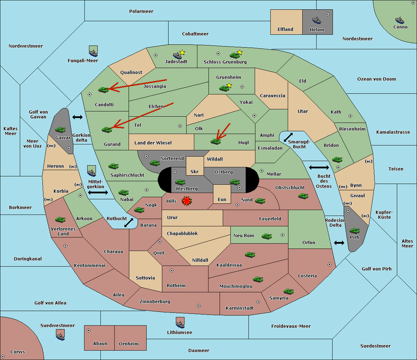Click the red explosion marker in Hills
pyautogui.click(x=187, y=201)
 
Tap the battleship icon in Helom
pyautogui.click(x=317, y=20)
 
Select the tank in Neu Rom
pyautogui.click(x=267, y=236)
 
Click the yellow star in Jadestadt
pyautogui.click(x=182, y=52)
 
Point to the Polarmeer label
pyautogui.click(x=141, y=11)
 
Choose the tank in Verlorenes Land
pyautogui.click(x=60, y=219)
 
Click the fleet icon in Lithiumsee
pyautogui.click(x=180, y=323)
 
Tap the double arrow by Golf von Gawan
pyautogui.click(x=77, y=117)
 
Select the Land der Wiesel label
pyautogui.click(x=153, y=143)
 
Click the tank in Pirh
pyautogui.click(x=355, y=231)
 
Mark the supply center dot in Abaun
pyautogui.click(x=89, y=330)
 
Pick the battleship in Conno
pyautogui.click(x=400, y=20)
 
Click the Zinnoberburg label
pyautogui.click(x=155, y=302)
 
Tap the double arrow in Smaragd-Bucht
pyautogui.click(x=288, y=137)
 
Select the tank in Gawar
pyautogui.click(x=60, y=129)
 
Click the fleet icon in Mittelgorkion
pyautogui.click(x=92, y=171)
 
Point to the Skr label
pyautogui.click(x=195, y=171)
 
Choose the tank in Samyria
pyautogui.click(x=288, y=292)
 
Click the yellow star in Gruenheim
pyautogui.click(x=229, y=85)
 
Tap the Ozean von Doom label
pyautogui.click(x=377, y=79)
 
